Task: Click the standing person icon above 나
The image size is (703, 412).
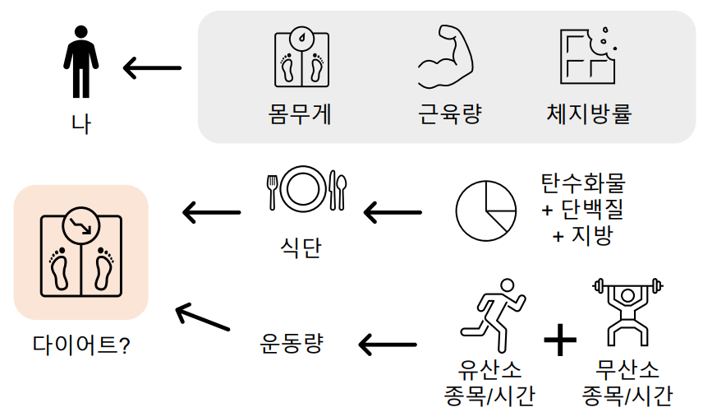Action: pos(81,61)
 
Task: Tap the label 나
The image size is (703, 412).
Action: pos(81,124)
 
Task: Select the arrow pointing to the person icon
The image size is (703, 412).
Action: pos(152,67)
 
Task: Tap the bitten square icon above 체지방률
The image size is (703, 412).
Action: pos(588,56)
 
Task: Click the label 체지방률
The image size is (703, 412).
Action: pos(590,113)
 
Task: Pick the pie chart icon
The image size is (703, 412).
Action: pos(486,208)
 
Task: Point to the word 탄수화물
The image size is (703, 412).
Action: pos(584,183)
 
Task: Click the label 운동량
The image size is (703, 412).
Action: pos(292,342)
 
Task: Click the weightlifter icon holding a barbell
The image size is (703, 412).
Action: pos(627,312)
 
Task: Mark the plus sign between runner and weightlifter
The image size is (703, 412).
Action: pos(560,340)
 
